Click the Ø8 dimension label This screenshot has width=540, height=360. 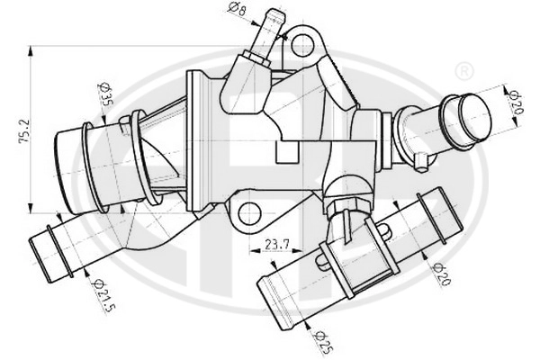237,9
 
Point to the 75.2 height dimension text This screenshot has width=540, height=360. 25,131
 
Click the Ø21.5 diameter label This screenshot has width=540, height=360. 103,296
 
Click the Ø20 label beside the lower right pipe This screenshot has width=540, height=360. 442,274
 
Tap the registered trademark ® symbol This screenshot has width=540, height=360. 464,71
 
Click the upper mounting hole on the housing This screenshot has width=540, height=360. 303,44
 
